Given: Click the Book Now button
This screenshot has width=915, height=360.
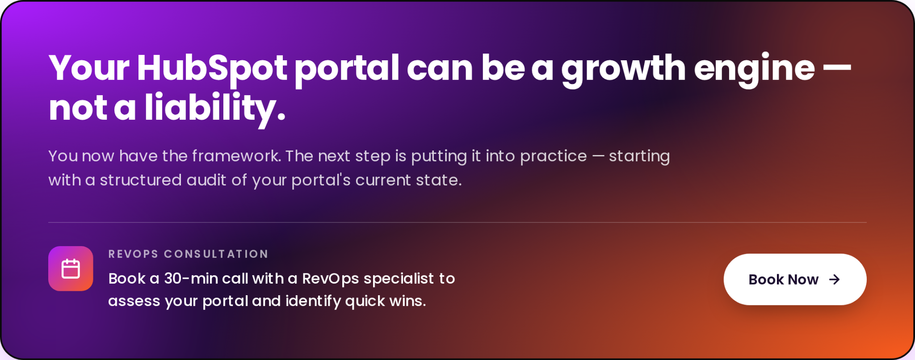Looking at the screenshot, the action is pos(795,279).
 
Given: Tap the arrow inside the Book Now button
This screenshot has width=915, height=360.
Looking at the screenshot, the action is pos(834,280).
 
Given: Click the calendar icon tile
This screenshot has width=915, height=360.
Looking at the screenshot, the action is pos(71,268).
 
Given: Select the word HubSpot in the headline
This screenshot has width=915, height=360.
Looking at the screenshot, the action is pos(212,68).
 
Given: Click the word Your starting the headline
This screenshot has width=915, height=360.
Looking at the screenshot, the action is pos(89,68).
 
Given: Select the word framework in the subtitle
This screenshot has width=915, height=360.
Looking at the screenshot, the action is pos(236,156).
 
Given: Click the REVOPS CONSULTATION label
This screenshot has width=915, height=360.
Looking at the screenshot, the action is pos(188,254).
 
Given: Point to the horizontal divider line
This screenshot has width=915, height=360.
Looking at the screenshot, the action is pos(457,222).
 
